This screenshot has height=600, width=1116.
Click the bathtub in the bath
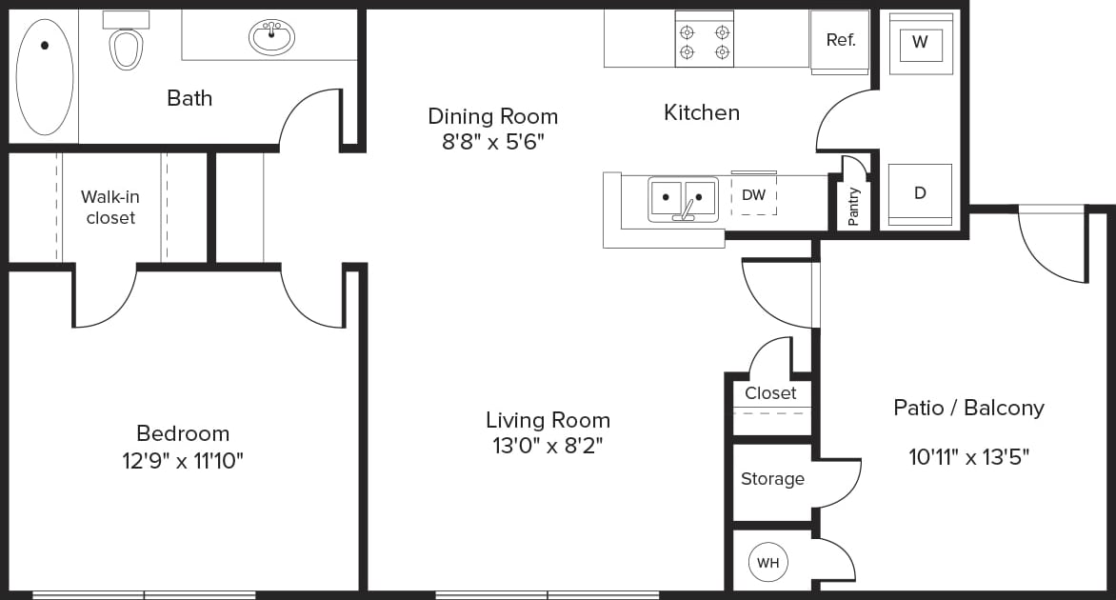pos(44,76)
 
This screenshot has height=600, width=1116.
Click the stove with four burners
pos(704,39)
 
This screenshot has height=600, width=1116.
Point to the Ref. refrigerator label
pos(840,40)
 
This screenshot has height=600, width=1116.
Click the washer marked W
pos(919,43)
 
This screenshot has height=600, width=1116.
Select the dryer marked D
pos(919,193)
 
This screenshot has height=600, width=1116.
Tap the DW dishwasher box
pos(753,195)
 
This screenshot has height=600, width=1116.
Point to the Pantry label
pos(853,206)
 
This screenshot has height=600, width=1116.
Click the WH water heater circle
pos(767,563)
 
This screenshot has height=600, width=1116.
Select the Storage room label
pos(772,479)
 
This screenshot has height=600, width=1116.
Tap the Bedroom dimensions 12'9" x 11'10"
pos(183,462)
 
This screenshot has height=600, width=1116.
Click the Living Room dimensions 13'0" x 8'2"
pos(548,445)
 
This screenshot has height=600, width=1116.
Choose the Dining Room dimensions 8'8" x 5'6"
pos(491,143)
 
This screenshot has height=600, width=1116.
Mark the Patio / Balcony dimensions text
pos(968,457)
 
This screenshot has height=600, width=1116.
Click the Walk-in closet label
pos(110,208)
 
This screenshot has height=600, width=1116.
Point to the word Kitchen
pos(701,112)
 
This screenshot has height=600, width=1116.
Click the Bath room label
pos(189,98)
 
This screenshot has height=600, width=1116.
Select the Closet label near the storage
pos(770,393)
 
